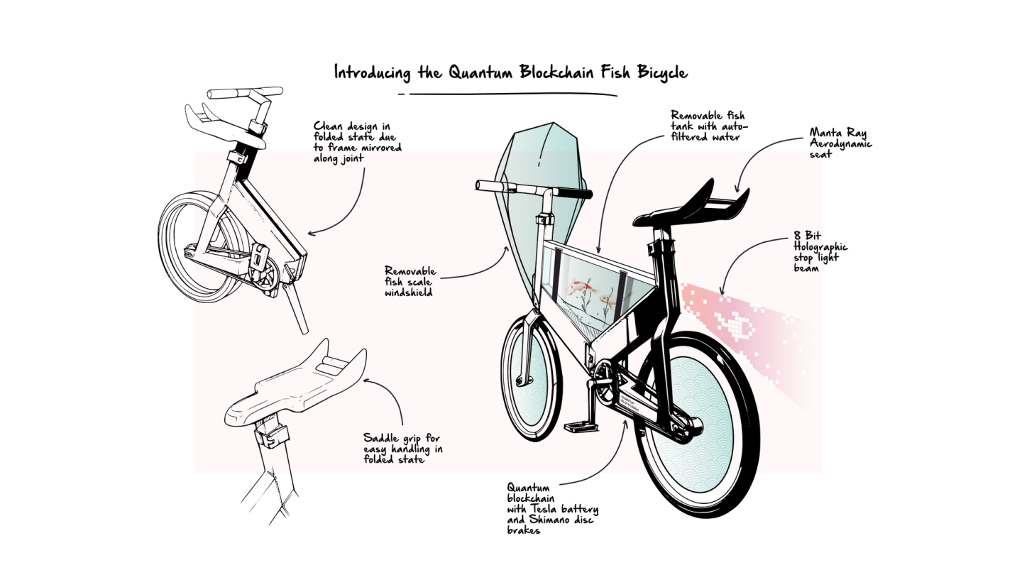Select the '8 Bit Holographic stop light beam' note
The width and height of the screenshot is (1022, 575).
[820, 253]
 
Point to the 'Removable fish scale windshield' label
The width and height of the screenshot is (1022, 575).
[411, 281]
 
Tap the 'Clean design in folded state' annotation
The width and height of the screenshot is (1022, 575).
[358, 143]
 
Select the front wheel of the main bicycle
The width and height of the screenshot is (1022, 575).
[532, 376]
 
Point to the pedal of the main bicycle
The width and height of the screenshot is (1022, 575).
[577, 426]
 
